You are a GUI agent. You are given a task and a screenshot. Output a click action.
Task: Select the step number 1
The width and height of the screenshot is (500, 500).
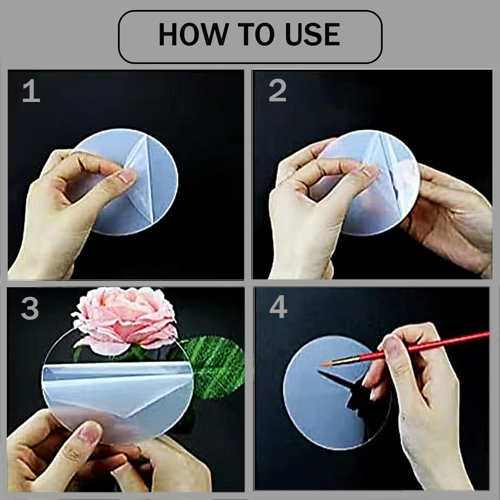pos(31,92)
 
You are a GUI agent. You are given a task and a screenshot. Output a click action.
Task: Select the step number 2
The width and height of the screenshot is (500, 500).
pos(277,91)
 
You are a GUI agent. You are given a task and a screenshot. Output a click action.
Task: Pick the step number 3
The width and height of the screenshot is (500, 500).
pos(30,309)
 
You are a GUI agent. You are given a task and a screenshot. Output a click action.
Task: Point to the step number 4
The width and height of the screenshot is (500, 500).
pos(278,308)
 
